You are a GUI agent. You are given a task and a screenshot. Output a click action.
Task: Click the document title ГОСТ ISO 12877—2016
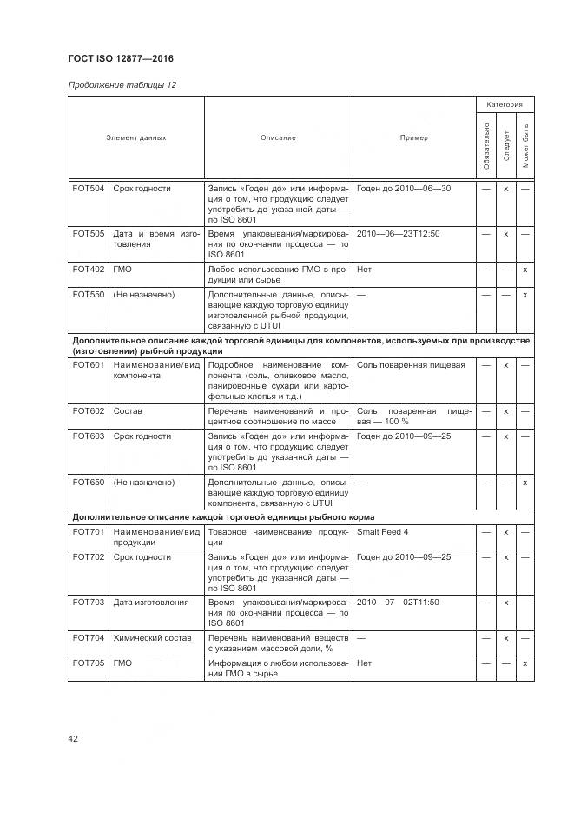121,59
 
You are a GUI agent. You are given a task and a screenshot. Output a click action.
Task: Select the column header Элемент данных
136,137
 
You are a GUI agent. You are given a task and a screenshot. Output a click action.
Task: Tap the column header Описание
278,137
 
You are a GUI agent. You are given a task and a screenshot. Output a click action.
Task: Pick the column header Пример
413,137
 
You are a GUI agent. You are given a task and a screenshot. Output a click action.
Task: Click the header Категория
505,104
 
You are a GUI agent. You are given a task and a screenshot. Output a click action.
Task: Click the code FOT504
89,188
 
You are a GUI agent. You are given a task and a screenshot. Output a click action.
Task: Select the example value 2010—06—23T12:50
398,234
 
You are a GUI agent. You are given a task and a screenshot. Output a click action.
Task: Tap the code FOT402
89,270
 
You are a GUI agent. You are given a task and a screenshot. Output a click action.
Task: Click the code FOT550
89,295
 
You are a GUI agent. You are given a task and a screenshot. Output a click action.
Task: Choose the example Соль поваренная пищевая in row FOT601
411,365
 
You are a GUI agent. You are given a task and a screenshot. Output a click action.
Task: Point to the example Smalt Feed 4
382,531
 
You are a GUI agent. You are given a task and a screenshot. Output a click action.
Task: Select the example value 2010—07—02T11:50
398,602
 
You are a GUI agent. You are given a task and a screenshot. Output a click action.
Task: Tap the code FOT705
89,663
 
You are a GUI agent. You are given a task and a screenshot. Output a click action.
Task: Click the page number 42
74,738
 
